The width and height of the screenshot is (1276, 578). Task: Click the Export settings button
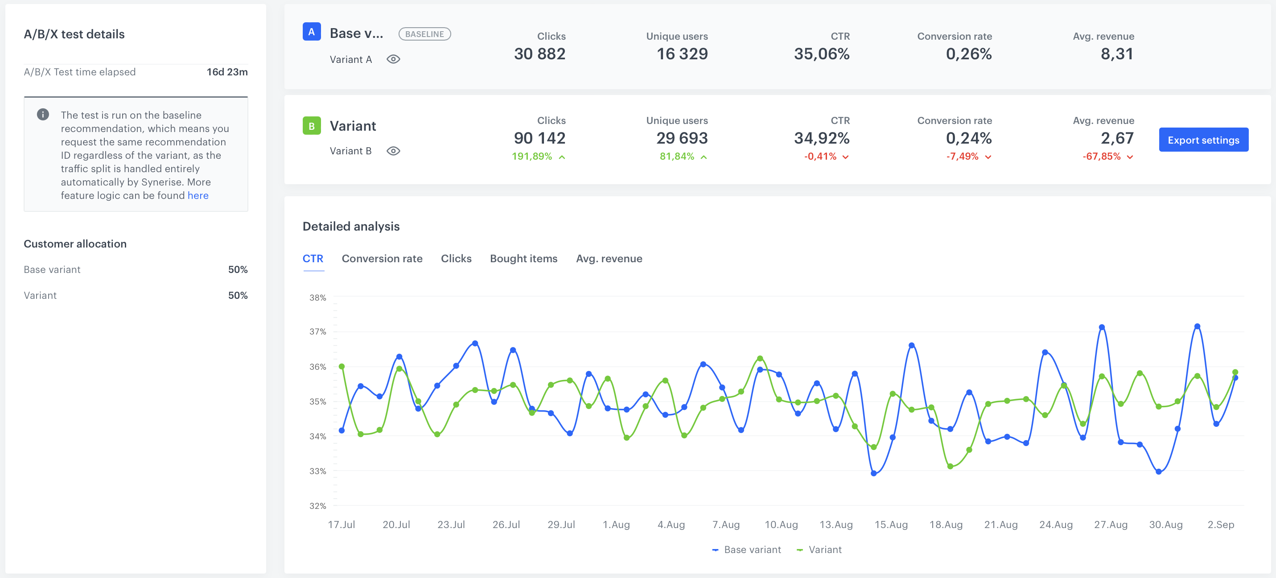click(1203, 140)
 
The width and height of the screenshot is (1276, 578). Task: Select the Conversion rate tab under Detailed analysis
click(382, 259)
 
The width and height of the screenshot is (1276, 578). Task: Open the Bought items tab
click(523, 259)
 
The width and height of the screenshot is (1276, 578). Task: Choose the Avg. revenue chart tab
click(609, 259)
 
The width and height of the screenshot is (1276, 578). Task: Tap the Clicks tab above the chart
click(456, 259)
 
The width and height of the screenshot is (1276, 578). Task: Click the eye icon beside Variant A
click(393, 59)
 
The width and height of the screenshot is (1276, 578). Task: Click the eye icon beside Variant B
click(393, 151)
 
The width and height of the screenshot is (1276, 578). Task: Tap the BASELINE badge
click(424, 34)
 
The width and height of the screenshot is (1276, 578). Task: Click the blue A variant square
click(312, 32)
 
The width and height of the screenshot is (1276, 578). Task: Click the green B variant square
click(312, 126)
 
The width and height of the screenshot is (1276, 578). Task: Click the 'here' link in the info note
click(198, 196)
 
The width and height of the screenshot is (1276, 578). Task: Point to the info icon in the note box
click(43, 115)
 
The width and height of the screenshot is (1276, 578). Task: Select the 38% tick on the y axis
click(317, 297)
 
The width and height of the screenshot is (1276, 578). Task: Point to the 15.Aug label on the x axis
click(891, 524)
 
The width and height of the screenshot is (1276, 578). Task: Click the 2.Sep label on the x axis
click(1221, 524)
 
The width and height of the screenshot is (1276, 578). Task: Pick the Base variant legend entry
click(746, 550)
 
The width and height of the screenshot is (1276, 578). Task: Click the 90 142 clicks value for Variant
click(539, 138)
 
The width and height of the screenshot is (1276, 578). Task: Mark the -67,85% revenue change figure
click(1102, 157)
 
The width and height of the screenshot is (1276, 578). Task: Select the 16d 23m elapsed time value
click(227, 72)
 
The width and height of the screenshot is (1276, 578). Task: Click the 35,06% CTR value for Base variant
click(821, 54)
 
